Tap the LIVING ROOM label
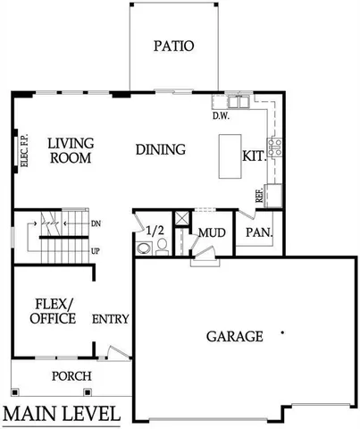coord(71,149)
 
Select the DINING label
coord(161,149)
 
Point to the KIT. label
coord(254,156)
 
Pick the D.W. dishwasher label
coord(222,115)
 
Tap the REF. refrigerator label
coord(259,196)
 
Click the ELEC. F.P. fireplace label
coord(24,149)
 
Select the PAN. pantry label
coord(259,232)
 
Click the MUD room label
coord(211,232)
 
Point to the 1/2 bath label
coord(155,231)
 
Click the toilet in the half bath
coord(162,248)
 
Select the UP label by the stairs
coord(96,251)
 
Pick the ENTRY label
coord(112,319)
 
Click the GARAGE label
coord(235,337)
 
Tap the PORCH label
coord(71,376)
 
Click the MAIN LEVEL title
coord(63,414)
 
